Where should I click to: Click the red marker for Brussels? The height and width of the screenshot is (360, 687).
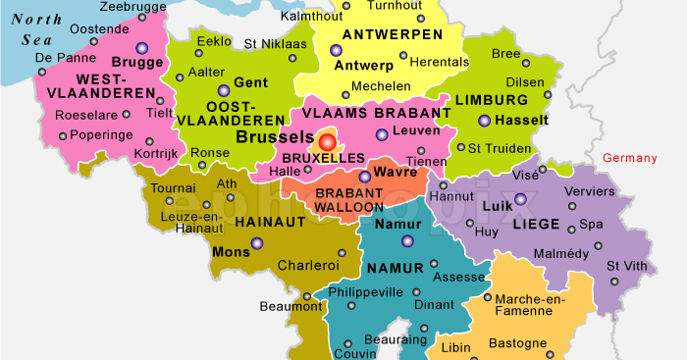[328, 141]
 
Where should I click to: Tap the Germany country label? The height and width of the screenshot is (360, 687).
[628, 158]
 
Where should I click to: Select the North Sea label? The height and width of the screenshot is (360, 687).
[34, 29]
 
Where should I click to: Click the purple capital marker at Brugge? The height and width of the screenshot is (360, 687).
[142, 47]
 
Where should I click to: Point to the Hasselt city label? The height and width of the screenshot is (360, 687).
[523, 120]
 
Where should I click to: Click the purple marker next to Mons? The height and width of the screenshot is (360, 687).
[257, 243]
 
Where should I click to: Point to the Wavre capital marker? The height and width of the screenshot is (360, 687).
[365, 178]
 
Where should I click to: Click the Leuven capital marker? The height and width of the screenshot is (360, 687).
[382, 135]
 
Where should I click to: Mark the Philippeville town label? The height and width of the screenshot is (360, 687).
[364, 291]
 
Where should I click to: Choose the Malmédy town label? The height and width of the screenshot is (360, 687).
[561, 253]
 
